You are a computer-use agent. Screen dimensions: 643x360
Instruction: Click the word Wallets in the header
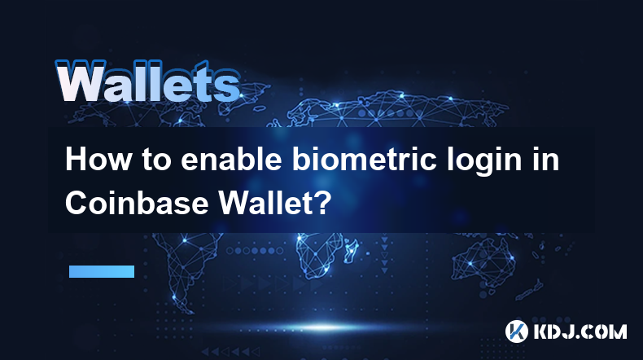tap(148, 81)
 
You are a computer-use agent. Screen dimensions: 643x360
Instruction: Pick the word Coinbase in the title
tap(137, 202)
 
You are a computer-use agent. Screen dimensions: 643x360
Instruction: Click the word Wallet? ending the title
tap(273, 202)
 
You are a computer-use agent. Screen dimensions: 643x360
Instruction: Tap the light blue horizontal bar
tap(102, 271)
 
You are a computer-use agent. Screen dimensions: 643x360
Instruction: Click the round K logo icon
tap(516, 331)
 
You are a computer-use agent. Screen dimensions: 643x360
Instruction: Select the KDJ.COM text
tap(580, 331)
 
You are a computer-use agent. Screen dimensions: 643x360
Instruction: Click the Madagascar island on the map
tap(352, 249)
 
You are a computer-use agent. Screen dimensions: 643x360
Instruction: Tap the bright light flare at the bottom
tap(323, 327)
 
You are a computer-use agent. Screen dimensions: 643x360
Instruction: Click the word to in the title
tap(156, 160)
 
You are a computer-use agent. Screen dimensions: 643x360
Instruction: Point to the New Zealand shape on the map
tap(529, 290)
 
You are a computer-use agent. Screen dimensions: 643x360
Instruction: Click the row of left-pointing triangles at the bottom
tap(230, 351)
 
